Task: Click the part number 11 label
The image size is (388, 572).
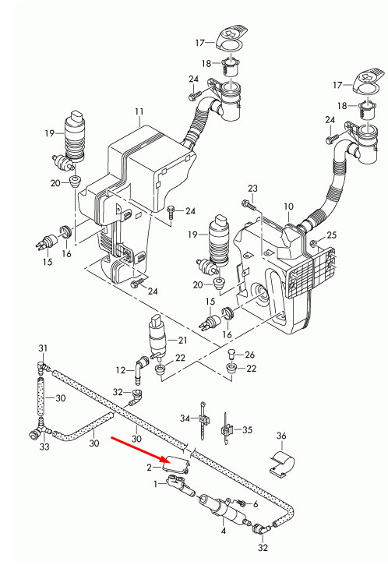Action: pos(139,111)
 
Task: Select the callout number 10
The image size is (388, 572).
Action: pos(288,207)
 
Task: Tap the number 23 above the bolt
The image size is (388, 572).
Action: pos(252,189)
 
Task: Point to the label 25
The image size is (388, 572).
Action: pos(331,235)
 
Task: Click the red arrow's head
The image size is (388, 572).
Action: pos(164,459)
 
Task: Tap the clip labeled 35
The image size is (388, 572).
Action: pos(227,429)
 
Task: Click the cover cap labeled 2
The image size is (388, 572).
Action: pos(176,464)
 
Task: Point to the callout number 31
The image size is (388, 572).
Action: pos(43,348)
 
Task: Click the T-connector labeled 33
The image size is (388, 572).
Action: pos(38,430)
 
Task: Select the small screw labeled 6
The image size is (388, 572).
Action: pos(241,503)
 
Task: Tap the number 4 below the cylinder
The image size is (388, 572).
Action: pos(224,531)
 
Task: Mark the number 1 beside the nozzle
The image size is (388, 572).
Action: pos(156,484)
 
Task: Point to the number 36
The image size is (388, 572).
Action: pos(281,436)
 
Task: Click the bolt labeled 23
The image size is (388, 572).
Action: pos(249,205)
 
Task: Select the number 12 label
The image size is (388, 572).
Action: pos(120,370)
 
